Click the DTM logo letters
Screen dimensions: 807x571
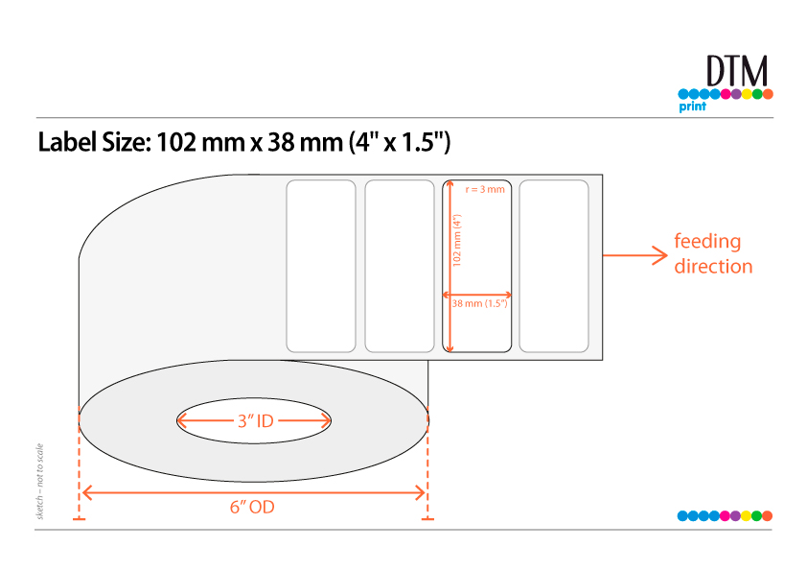(x=737, y=71)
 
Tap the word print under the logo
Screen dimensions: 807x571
(x=692, y=107)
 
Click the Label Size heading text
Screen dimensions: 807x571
(x=244, y=142)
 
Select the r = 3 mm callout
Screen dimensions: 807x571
(x=485, y=189)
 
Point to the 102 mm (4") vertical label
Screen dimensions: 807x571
(x=457, y=240)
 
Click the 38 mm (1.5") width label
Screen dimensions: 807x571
(x=479, y=303)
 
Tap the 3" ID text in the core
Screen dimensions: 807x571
(x=255, y=421)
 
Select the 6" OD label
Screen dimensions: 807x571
(x=252, y=507)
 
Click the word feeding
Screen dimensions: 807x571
(x=707, y=242)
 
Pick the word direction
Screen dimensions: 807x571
(x=713, y=267)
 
